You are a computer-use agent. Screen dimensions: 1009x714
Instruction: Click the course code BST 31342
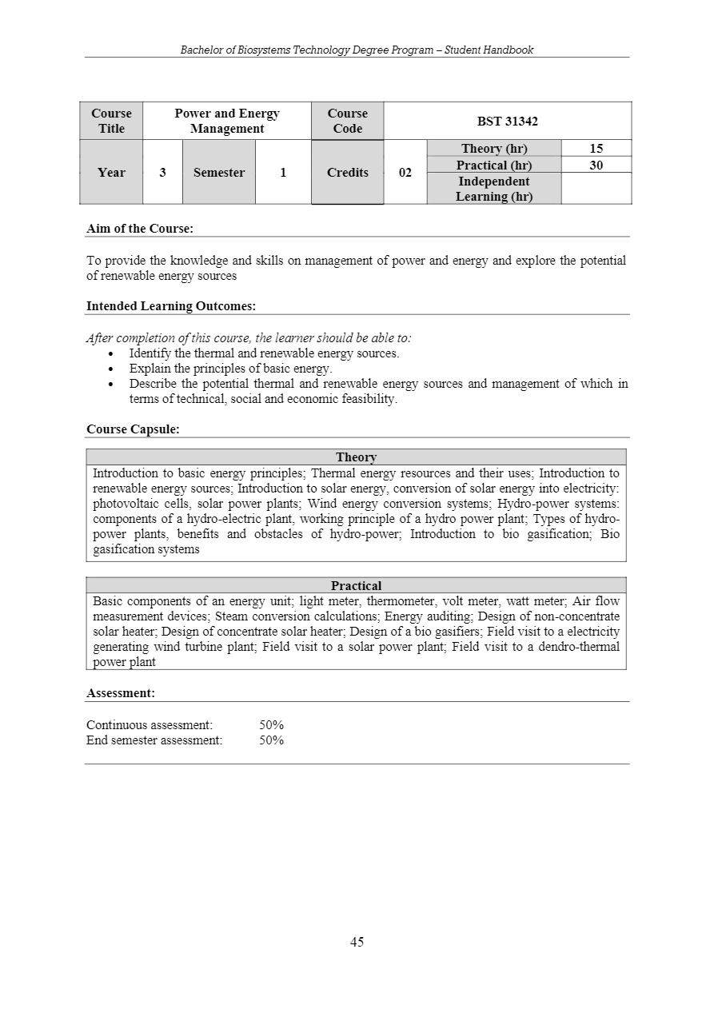coord(507,121)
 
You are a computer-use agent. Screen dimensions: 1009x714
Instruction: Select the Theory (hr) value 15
coord(596,148)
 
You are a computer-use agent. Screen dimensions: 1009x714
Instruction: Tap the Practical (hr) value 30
coord(596,165)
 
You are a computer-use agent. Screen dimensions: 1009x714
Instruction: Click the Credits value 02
coord(405,172)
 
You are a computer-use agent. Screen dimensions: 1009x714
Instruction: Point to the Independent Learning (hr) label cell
coord(493,189)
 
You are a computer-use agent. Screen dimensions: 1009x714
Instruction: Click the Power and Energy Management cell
coord(227,121)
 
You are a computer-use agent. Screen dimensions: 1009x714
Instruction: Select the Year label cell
coord(111,172)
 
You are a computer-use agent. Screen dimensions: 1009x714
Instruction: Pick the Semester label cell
coord(218,172)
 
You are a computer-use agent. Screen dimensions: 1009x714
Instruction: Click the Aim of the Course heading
coord(140,229)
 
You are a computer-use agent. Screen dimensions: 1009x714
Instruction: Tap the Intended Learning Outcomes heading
coord(170,306)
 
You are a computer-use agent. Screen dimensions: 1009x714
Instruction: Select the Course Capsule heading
coord(133,429)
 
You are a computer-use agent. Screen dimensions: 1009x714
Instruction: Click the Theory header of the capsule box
coord(356,457)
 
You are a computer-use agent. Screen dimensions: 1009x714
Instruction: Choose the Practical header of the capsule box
coord(356,586)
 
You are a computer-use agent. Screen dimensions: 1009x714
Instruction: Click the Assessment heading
coord(121,693)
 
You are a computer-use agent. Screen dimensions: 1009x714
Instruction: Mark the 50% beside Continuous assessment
coord(271,725)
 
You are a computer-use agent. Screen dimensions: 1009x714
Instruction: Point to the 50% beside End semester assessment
coord(271,740)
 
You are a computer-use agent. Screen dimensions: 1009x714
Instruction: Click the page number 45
coord(357,942)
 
